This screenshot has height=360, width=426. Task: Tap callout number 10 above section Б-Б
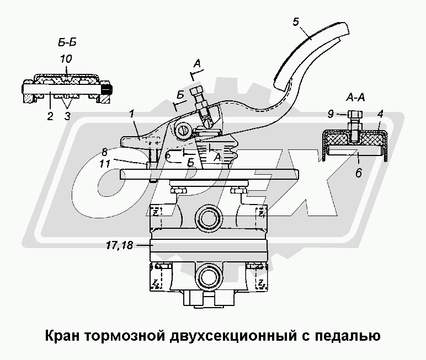tap(66, 58)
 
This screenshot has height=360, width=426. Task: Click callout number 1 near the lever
tap(132, 114)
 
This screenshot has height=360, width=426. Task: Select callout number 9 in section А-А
tap(330, 115)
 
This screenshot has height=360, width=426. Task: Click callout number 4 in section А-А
tap(380, 115)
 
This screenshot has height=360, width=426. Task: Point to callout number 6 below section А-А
tap(359, 171)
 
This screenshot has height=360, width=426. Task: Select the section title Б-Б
tap(65, 43)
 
